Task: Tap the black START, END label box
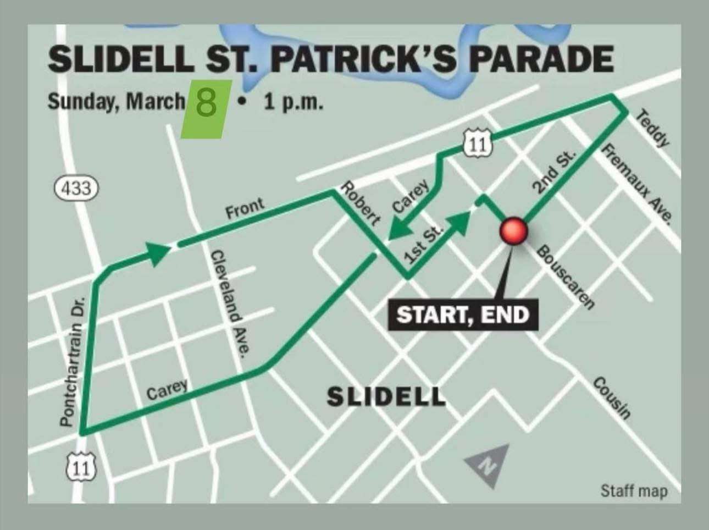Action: coord(463,315)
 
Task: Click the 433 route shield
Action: coord(76,189)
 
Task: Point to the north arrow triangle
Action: coord(486,465)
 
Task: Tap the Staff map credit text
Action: coord(634,490)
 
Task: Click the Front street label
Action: coord(245,209)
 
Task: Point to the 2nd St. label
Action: coord(554,172)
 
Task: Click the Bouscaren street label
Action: coord(566,278)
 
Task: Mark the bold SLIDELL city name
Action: coord(386,396)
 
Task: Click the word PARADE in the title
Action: coord(541,59)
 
